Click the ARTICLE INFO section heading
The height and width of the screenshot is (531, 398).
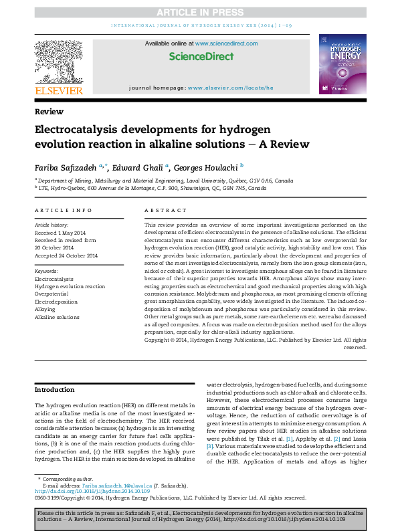click(x=64, y=211)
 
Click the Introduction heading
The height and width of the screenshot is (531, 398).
click(x=55, y=389)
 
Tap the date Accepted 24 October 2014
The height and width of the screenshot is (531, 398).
click(x=66, y=256)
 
